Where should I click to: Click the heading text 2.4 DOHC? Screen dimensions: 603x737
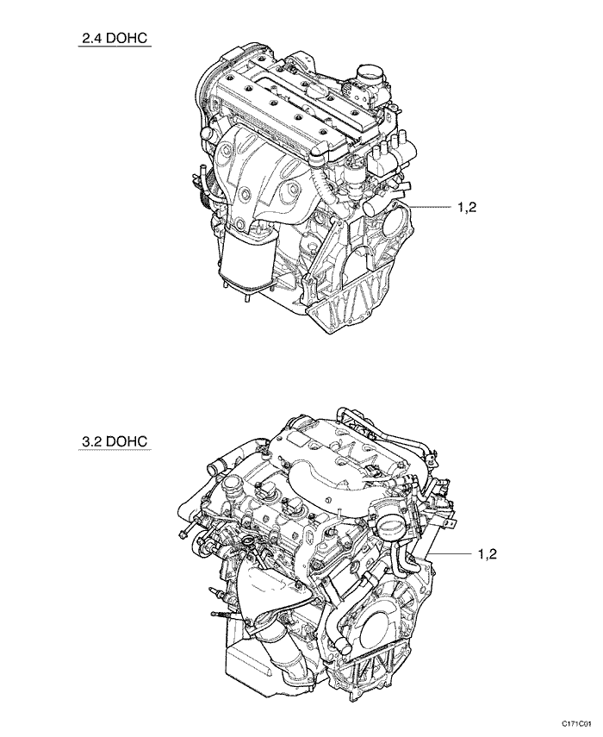(x=115, y=38)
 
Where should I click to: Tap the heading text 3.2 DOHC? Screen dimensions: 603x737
(x=115, y=441)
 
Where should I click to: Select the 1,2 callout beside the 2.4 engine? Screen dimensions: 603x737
(x=467, y=207)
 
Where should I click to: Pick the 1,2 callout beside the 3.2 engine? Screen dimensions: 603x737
(x=487, y=554)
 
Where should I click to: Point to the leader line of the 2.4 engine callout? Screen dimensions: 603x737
(x=429, y=207)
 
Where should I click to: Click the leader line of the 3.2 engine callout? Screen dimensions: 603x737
(x=451, y=554)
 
